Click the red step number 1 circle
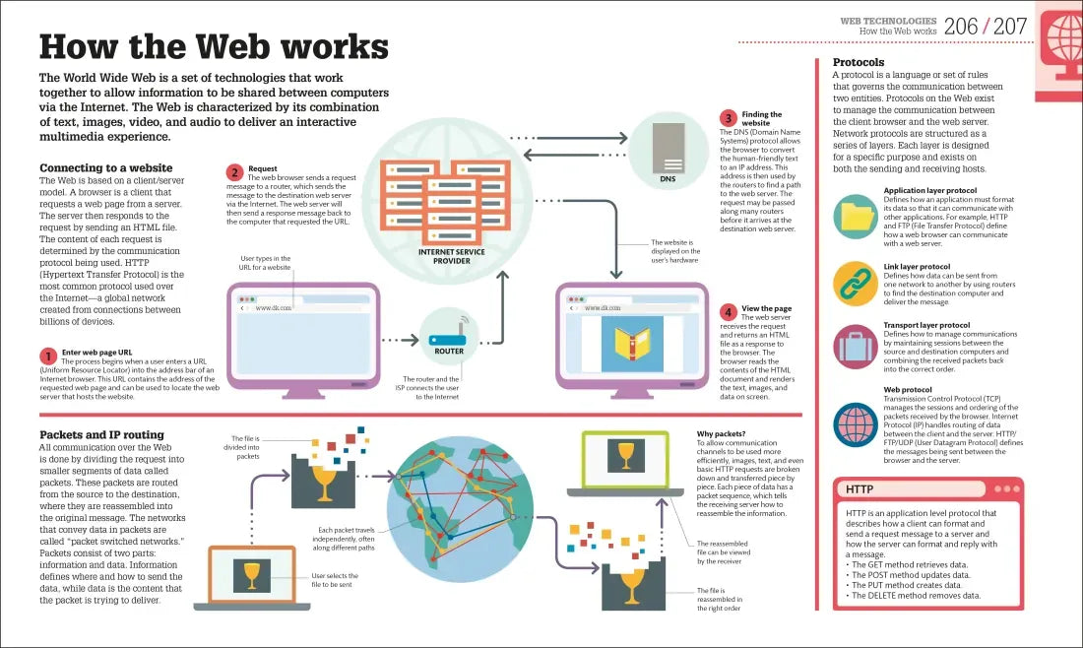(x=47, y=356)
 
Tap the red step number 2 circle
(x=234, y=172)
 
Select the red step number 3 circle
(x=728, y=118)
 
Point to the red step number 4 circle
(x=728, y=312)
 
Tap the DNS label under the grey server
(x=668, y=179)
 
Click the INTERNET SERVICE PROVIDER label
(x=451, y=256)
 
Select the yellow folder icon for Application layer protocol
(x=856, y=217)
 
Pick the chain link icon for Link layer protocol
(x=856, y=284)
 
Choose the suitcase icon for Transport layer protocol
(x=856, y=346)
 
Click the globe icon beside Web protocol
(x=856, y=424)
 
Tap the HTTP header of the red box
(x=860, y=489)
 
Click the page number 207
(x=1009, y=27)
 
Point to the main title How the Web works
(x=213, y=46)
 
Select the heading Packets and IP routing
(x=101, y=434)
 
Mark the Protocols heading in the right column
(x=859, y=62)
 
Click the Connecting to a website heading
(x=105, y=168)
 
